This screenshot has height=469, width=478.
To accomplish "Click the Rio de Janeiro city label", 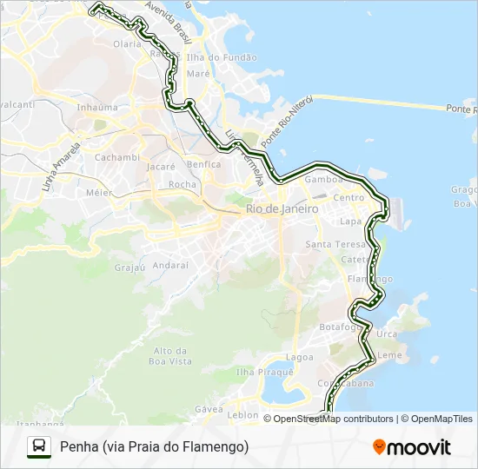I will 282,209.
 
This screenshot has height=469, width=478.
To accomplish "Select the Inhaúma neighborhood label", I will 97,108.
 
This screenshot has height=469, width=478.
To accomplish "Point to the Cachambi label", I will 116,157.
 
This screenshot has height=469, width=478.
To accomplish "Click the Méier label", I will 99,192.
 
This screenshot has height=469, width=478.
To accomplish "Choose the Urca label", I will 388,334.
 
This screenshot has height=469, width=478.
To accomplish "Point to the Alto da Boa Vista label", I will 171,355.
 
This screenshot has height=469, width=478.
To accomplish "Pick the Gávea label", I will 209,408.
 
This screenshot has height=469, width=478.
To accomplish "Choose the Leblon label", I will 242,415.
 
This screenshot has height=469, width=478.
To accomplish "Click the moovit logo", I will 412,447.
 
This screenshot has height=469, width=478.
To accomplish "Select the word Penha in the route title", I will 78,446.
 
